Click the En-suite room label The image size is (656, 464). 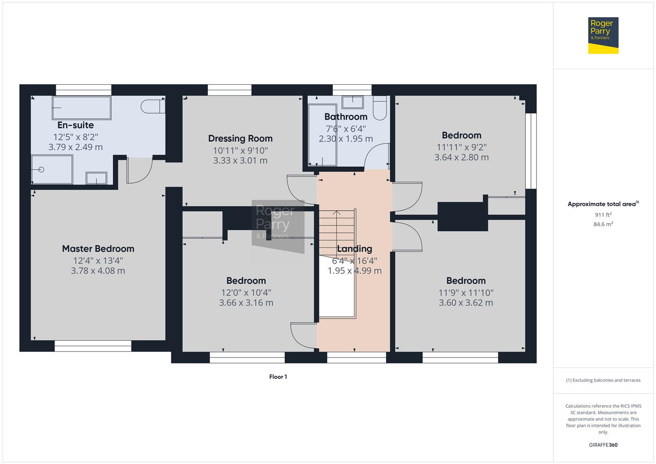tap(76, 125)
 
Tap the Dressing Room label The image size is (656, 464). tap(240, 138)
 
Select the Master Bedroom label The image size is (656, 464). tap(98, 249)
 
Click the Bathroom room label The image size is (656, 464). tap(346, 116)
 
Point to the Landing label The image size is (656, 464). tap(354, 249)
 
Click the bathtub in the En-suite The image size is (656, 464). tap(82, 107)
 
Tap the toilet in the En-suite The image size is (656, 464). tap(153, 107)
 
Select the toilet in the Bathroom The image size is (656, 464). tap(380, 108)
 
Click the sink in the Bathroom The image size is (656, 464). tap(353, 102)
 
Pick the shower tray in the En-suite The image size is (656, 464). tap(52, 170)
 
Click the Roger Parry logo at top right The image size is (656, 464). tap(603, 35)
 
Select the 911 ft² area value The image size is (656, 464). tap(603, 215)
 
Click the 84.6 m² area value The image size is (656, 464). tap(603, 224)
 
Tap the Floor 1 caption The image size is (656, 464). tap(278, 377)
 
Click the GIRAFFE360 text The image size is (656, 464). tap(603, 445)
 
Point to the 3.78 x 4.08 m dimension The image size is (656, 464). tap(98, 271)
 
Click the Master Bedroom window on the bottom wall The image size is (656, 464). tap(93, 346)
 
